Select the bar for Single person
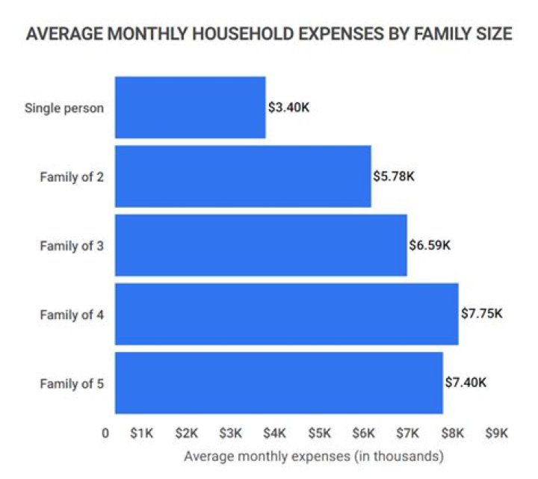tap(190, 107)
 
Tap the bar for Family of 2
tap(243, 176)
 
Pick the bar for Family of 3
tap(261, 245)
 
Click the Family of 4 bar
tap(286, 314)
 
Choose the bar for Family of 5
tap(279, 383)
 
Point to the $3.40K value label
tap(288, 107)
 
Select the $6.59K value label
tap(430, 245)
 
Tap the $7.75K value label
tap(482, 314)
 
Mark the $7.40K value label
tap(466, 383)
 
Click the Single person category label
tap(64, 107)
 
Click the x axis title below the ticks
tap(314, 456)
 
